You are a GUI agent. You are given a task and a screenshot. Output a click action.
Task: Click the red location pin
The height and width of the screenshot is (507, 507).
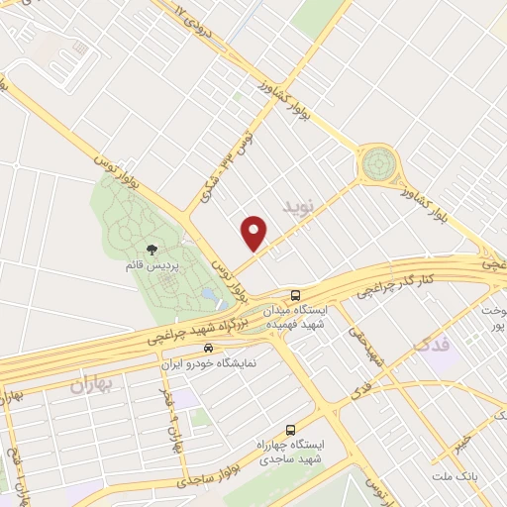pyautogui.click(x=254, y=233)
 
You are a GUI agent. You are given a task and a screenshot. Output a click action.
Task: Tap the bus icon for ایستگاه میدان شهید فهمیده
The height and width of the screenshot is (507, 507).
pyautogui.click(x=296, y=296)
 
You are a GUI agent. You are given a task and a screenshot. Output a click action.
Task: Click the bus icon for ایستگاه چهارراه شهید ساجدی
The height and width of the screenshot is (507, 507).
pyautogui.click(x=290, y=430)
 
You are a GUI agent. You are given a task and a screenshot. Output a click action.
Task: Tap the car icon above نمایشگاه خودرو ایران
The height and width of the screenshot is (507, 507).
pyautogui.click(x=208, y=348)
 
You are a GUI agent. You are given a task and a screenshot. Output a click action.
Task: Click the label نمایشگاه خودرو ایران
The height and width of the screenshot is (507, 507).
pyautogui.click(x=208, y=363)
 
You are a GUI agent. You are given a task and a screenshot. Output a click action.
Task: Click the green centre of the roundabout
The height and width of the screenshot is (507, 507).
pyautogui.click(x=377, y=162)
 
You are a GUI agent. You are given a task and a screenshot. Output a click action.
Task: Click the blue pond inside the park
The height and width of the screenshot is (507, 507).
pyautogui.click(x=208, y=296)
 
